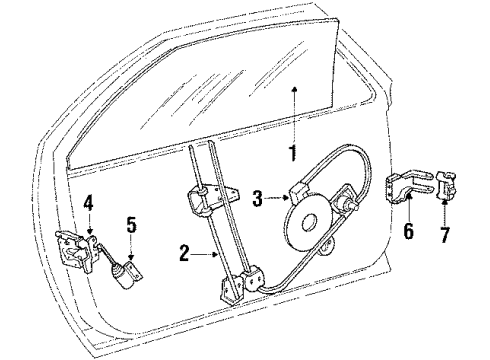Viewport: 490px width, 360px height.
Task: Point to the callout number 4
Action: click(88, 204)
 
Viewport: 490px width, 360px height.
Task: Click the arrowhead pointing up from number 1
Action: click(296, 92)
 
